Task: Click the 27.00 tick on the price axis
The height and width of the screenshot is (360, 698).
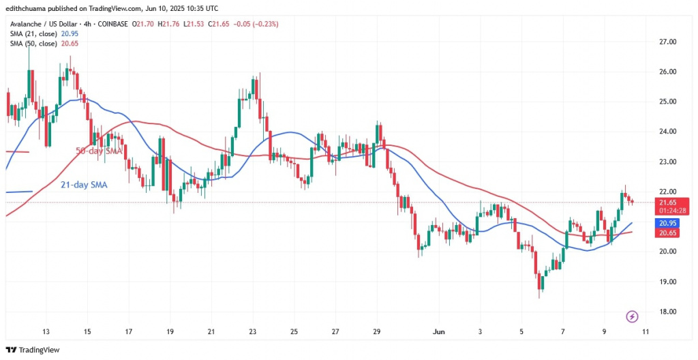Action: click(x=667, y=42)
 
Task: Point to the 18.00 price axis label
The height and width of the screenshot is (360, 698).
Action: click(x=667, y=312)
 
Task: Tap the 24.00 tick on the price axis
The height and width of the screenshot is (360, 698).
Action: click(x=667, y=132)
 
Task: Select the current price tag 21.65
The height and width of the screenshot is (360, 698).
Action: click(x=668, y=202)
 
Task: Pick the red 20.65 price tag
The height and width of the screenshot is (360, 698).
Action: click(x=668, y=233)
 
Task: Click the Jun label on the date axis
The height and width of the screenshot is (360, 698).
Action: click(x=440, y=332)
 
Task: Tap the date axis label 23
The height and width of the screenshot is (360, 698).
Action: click(x=252, y=332)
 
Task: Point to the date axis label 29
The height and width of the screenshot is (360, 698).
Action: click(x=377, y=332)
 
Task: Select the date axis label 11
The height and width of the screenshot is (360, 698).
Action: click(x=645, y=332)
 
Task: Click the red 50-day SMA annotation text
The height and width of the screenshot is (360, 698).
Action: click(x=99, y=151)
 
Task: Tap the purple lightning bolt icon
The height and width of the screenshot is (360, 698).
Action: click(x=632, y=316)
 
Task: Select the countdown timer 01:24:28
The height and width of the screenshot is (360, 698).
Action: click(x=668, y=211)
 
